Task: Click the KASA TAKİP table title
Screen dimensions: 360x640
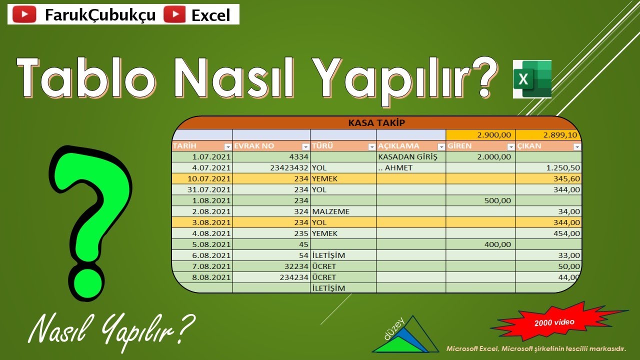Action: pos(376,122)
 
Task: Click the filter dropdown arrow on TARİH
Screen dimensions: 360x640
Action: pos(227,146)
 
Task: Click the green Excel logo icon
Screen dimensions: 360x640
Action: pos(532,79)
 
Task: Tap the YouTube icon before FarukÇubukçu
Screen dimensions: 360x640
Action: pos(24,15)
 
